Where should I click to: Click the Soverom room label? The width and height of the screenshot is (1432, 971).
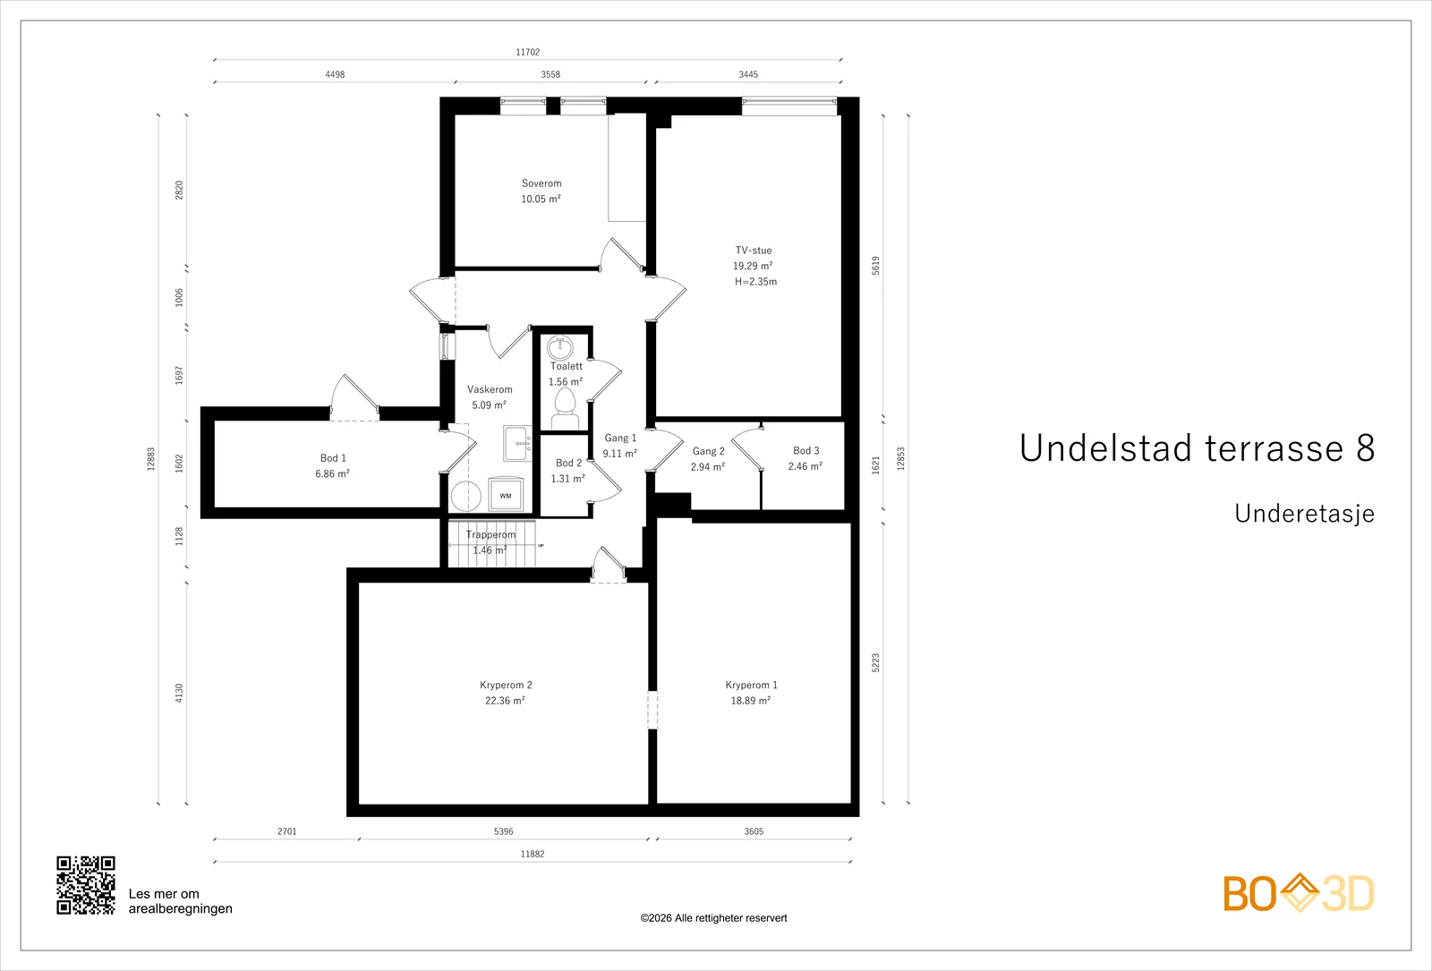(x=541, y=183)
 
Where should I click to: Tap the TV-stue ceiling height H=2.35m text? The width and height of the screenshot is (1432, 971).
(x=755, y=282)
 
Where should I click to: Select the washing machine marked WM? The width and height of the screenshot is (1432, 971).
(x=506, y=496)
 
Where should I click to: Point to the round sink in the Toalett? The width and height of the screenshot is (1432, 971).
(x=560, y=348)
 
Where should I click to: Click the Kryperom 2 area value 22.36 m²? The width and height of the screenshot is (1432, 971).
(x=505, y=701)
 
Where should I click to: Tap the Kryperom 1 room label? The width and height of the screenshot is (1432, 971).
(x=751, y=685)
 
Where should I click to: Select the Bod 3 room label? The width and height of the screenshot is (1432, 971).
(x=806, y=451)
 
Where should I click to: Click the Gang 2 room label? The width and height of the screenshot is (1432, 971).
(x=708, y=451)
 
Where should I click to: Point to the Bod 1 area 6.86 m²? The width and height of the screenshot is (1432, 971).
(x=332, y=473)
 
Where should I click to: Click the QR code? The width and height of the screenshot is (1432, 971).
(x=86, y=885)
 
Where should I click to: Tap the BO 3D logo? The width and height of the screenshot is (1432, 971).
(x=1299, y=893)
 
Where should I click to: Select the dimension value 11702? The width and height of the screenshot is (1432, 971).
(x=527, y=52)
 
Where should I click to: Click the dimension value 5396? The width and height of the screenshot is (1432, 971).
(x=504, y=831)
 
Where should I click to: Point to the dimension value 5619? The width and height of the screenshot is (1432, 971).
(x=876, y=266)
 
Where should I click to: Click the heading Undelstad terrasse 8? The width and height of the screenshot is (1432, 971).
(x=1197, y=447)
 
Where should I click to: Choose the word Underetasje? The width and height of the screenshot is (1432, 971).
(x=1304, y=514)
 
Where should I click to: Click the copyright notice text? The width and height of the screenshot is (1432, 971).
(x=713, y=918)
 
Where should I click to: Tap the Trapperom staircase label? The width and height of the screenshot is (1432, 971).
(x=490, y=535)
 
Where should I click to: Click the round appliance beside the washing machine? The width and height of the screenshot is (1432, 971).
(x=465, y=496)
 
